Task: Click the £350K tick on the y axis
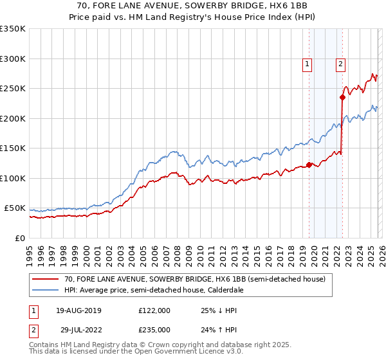coord(12,29)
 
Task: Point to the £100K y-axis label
coord(12,178)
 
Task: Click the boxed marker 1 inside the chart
coord(308,63)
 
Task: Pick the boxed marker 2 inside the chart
coord(340,63)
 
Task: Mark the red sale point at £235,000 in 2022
coord(342,98)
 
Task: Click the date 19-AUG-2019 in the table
coord(79,310)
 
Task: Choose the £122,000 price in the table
coord(154,310)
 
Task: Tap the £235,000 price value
coord(154,329)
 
